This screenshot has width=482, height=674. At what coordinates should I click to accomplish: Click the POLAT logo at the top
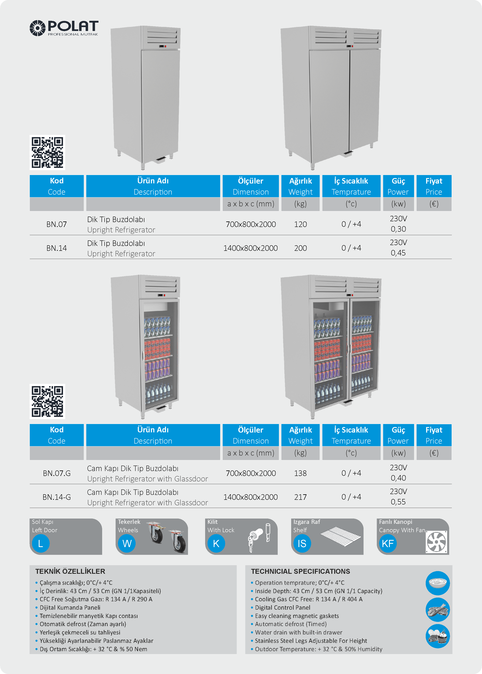[x=64, y=28]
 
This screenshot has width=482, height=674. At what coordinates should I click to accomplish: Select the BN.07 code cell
[x=56, y=224]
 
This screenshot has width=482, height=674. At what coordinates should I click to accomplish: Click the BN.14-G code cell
[x=56, y=497]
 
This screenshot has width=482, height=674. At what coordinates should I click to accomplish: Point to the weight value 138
[x=300, y=473]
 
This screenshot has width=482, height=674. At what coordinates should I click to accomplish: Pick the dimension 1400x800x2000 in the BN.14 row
[x=251, y=248]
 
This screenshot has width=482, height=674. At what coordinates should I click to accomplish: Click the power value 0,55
[x=398, y=502]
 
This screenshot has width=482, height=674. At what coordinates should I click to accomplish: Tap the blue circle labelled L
[x=40, y=544]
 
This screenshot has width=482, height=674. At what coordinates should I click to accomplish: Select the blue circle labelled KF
[x=388, y=544]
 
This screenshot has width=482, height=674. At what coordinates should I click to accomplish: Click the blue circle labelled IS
[x=302, y=544]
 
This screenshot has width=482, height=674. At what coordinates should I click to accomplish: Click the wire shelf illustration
[x=341, y=537]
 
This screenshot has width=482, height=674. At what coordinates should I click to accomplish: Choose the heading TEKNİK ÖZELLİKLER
[x=70, y=571]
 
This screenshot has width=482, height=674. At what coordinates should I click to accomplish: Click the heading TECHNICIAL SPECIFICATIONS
[x=300, y=571]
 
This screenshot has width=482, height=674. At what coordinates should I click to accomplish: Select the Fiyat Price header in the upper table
[x=434, y=186]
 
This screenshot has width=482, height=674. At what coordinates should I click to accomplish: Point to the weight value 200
[x=300, y=248]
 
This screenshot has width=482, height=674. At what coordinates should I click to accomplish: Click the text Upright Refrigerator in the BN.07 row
[x=121, y=230]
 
